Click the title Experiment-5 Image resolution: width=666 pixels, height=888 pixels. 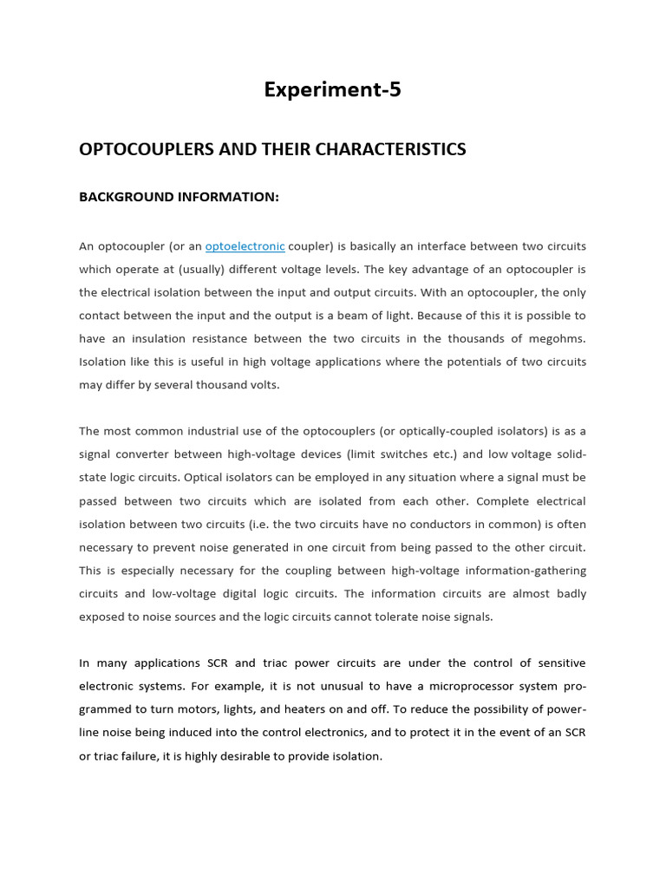(x=333, y=90)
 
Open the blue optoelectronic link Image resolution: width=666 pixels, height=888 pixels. (x=245, y=246)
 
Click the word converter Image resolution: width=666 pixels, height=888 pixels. (x=162, y=454)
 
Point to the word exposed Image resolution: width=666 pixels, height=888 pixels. (x=103, y=617)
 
